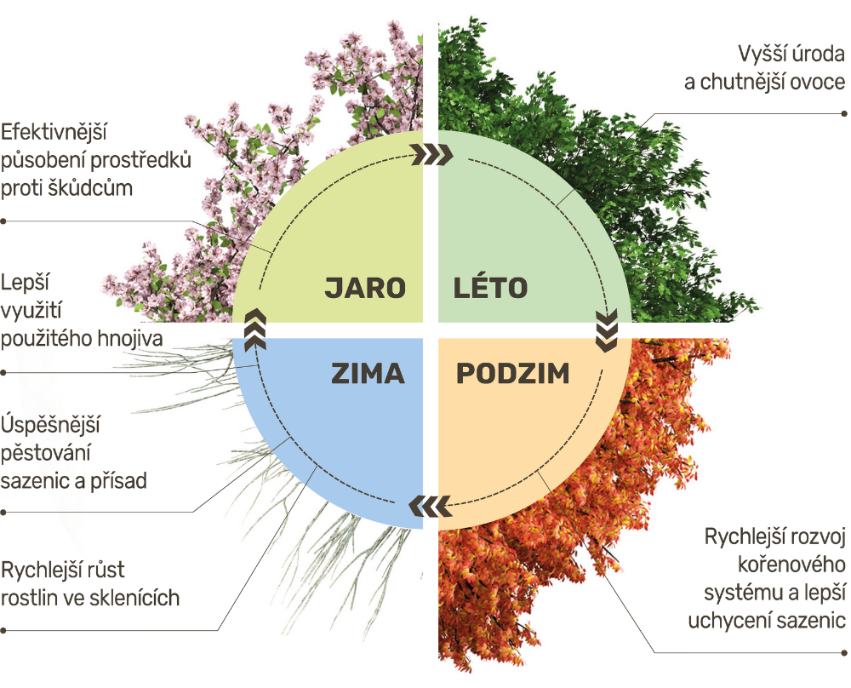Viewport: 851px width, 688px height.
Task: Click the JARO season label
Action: [x=365, y=288]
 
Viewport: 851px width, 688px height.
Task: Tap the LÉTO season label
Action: [x=491, y=287]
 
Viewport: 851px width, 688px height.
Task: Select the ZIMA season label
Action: [x=368, y=374]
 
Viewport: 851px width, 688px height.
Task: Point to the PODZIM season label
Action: [x=513, y=374]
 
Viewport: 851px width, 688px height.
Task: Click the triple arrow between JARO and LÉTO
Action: [x=431, y=155]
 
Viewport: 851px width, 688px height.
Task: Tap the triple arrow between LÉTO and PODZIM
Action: [x=607, y=330]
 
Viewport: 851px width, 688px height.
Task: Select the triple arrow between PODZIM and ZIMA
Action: [x=430, y=506]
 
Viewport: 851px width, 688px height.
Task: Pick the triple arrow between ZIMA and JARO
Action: [x=255, y=330]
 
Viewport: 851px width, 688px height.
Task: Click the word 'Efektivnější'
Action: [x=54, y=132]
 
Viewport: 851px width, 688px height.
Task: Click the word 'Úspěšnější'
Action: [x=50, y=424]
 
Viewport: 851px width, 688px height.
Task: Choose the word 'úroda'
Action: [x=819, y=54]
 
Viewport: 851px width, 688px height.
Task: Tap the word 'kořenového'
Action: [x=791, y=565]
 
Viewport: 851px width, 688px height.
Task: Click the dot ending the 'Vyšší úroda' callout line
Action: [x=844, y=113]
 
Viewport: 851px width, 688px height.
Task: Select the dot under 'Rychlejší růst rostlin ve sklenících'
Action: [x=3, y=630]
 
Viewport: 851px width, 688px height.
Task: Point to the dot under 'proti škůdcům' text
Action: [x=3, y=221]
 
